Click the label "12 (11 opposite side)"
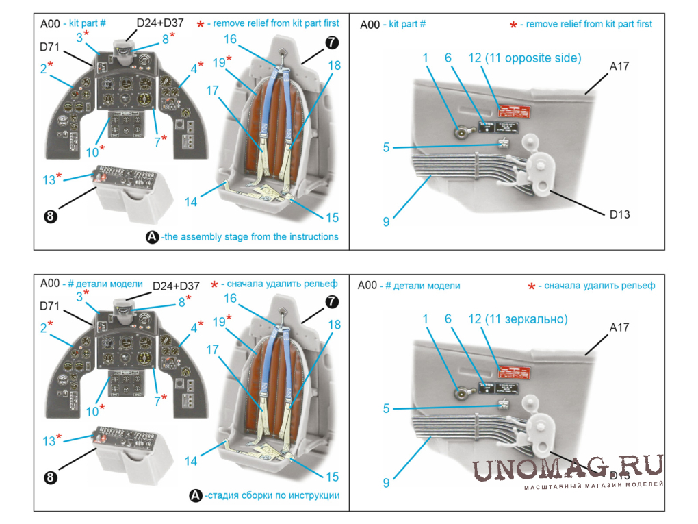click(x=524, y=58)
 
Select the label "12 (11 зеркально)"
click(x=518, y=319)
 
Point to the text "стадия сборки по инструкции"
click(x=272, y=495)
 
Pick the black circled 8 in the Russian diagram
click(x=50, y=478)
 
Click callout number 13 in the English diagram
click(x=49, y=179)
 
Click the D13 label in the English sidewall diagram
click(x=619, y=214)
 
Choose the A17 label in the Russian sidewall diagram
click(x=619, y=328)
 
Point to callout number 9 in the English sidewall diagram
click(x=386, y=221)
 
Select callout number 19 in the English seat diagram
click(x=219, y=62)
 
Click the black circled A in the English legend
click(x=152, y=237)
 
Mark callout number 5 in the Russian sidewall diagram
click(x=386, y=408)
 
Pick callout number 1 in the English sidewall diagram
click(x=425, y=58)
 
